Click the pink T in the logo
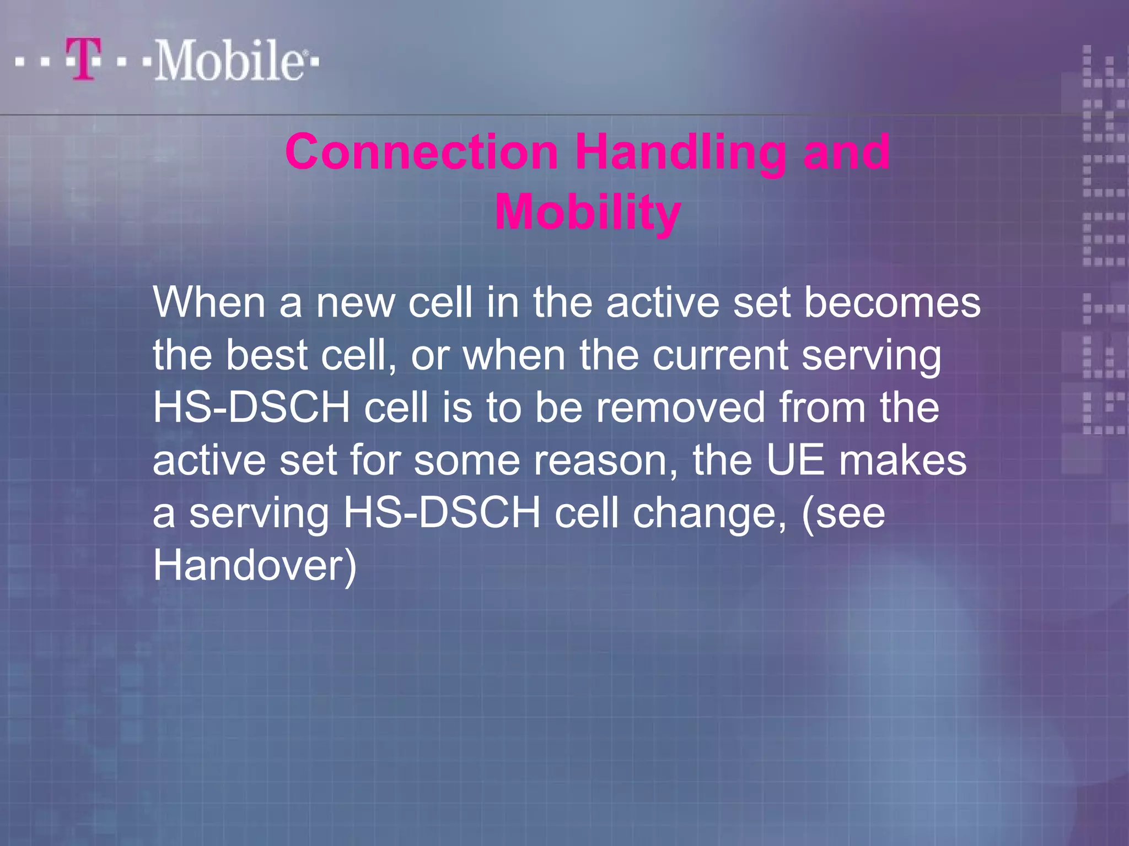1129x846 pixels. [x=84, y=58]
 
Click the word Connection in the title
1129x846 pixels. [x=422, y=152]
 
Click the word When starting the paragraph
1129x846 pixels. [x=209, y=302]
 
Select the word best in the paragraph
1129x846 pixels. [x=266, y=355]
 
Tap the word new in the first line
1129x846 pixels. [x=356, y=302]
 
